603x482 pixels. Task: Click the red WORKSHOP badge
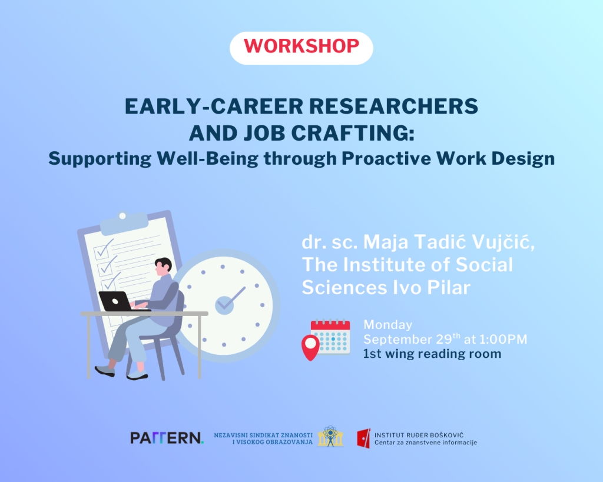pos(301,48)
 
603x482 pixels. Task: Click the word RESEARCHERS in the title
pos(393,106)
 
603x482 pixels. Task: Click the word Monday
pos(387,325)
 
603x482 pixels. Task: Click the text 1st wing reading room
pos(432,354)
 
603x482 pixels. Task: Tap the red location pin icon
pos(311,347)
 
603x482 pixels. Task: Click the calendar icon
pos(330,336)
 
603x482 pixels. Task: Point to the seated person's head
pos(163,266)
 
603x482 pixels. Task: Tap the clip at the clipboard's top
pos(124,222)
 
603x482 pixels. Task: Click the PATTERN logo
pos(167,438)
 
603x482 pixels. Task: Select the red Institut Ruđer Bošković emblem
pos(363,438)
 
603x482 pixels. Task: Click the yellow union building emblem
pos(330,436)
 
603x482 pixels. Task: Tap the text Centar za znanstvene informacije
pos(426,443)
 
